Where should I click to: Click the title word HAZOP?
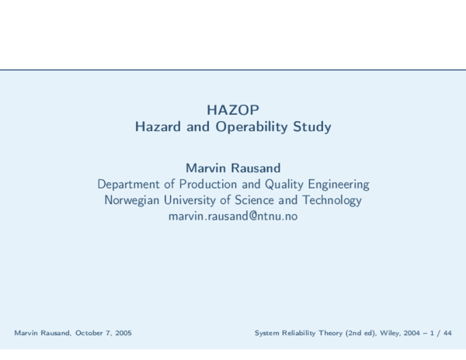tap(233, 109)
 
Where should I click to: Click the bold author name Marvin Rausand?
tap(233, 168)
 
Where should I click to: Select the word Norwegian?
tap(134, 201)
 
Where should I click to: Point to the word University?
tap(197, 201)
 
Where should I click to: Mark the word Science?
tap(271, 201)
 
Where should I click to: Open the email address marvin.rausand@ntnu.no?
tap(233, 216)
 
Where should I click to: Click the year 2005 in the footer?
tap(122, 333)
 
